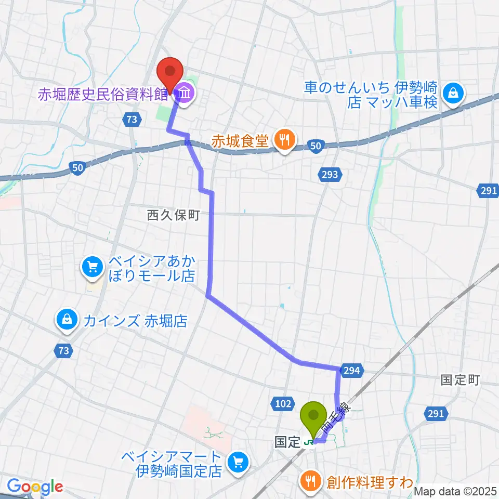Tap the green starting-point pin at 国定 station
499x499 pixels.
click(313, 416)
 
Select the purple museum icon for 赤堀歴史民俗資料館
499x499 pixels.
click(185, 94)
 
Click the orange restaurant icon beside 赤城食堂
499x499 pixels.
click(284, 139)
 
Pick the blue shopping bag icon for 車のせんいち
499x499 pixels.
click(454, 94)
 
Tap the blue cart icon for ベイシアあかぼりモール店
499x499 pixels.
click(93, 268)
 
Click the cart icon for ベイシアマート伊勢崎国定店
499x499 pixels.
click(238, 461)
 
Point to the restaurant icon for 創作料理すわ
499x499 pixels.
click(310, 481)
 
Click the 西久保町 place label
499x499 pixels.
click(173, 215)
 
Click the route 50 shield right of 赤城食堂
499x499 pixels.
click(317, 147)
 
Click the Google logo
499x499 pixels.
click(35, 487)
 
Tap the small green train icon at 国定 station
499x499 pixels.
click(308, 442)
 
